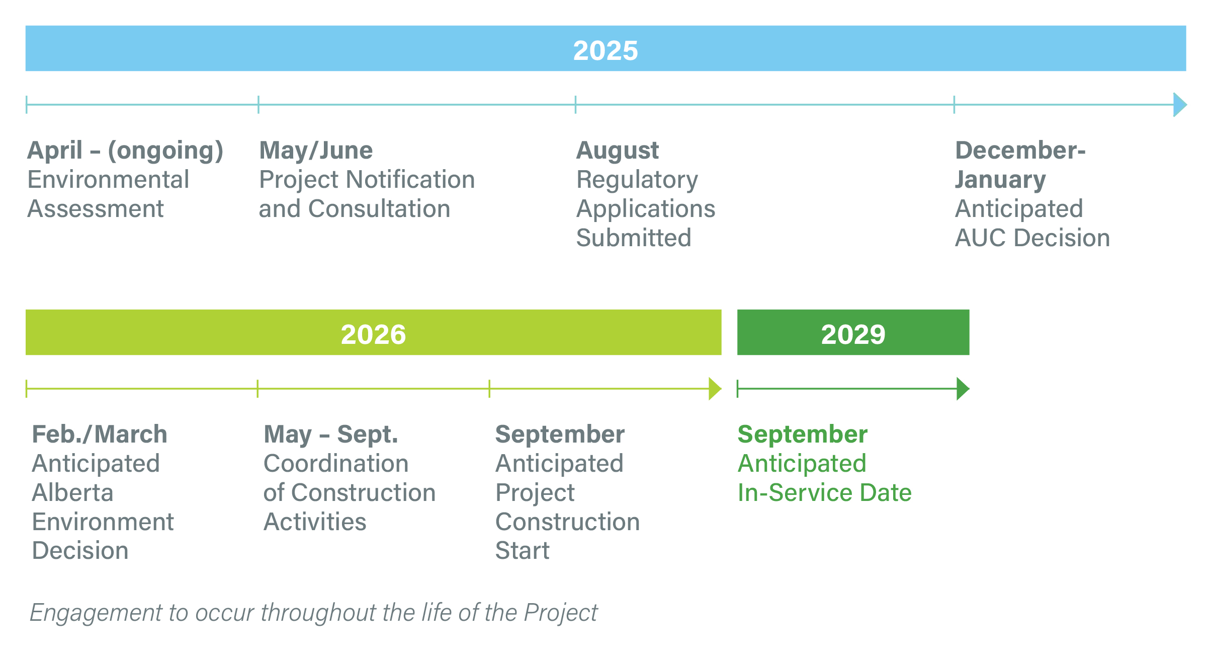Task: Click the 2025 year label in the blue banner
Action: point(605,50)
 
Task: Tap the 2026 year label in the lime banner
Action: point(373,334)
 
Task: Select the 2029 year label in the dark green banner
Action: point(853,334)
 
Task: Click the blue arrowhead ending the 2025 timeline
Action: point(1180,105)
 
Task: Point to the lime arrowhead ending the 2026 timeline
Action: point(715,389)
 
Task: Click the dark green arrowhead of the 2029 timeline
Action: point(963,389)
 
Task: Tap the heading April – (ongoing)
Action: point(125,151)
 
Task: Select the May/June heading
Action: point(316,151)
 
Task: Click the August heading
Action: point(618,151)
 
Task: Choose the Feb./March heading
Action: point(100,434)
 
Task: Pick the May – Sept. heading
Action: point(331,435)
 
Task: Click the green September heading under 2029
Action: point(803,435)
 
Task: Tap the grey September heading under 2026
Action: point(560,435)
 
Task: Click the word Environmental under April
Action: point(109,180)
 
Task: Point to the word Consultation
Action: point(379,209)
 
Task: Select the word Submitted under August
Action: point(634,238)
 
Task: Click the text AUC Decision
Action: point(1032,238)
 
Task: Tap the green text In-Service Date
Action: point(825,493)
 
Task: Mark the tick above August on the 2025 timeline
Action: point(575,105)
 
